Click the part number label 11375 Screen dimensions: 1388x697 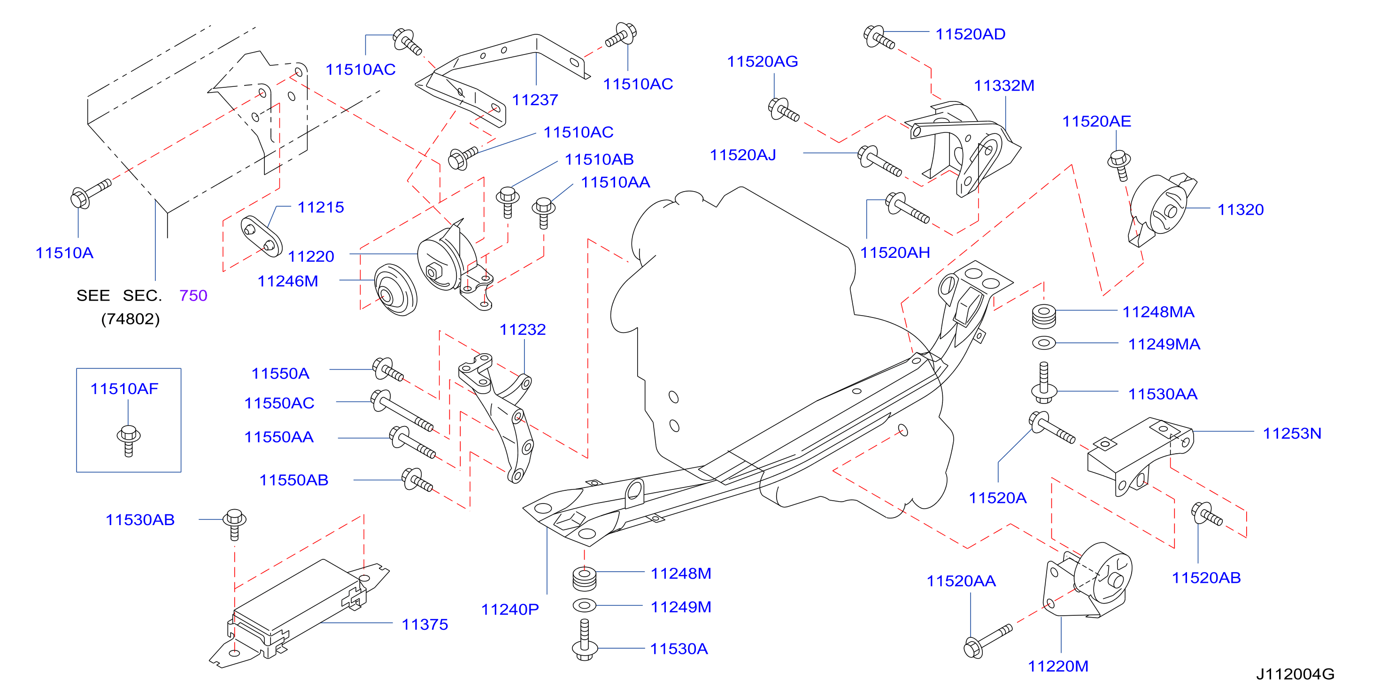[424, 624]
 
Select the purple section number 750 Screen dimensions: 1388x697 [193, 295]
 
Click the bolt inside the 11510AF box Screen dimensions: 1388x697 [129, 441]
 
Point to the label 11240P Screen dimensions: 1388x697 [510, 609]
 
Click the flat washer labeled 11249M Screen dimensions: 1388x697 [585, 605]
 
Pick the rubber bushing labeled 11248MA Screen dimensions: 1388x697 [1044, 316]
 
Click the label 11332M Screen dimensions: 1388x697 [1004, 85]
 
